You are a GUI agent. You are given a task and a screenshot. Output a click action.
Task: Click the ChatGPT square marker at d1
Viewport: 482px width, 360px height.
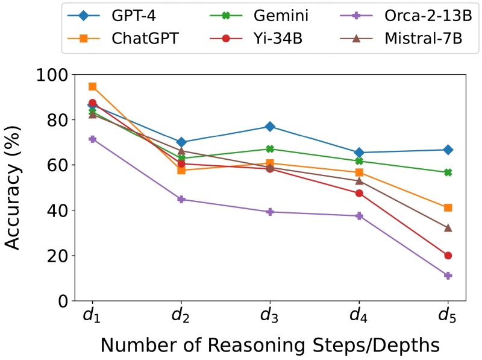point(92,86)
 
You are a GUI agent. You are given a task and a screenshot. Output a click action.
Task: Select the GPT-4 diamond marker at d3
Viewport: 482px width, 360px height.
point(270,127)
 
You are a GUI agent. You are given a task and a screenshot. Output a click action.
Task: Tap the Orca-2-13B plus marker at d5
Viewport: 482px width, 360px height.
point(448,276)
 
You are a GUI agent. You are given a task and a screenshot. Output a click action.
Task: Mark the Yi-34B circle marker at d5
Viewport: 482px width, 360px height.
point(448,256)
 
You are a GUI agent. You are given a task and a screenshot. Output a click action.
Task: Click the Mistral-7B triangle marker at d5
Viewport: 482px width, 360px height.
point(448,228)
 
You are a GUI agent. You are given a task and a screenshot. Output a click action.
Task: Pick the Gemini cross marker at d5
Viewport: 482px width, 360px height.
point(448,172)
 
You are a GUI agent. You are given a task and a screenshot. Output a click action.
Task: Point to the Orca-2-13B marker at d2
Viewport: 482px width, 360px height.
point(181,199)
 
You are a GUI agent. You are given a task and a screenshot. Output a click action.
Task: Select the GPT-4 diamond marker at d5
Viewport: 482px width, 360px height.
point(448,150)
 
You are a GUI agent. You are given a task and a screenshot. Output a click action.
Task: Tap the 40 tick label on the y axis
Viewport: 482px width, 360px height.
point(57,210)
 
